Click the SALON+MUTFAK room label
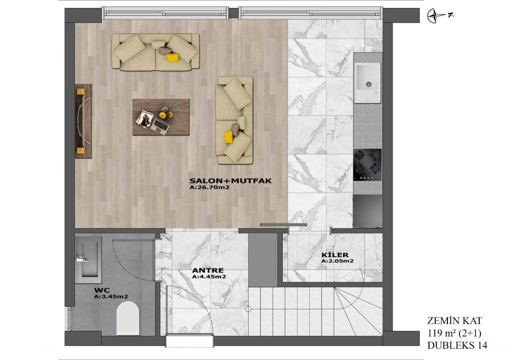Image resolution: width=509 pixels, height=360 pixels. pyautogui.click(x=230, y=181)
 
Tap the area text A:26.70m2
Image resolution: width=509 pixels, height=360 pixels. pyautogui.click(x=209, y=187)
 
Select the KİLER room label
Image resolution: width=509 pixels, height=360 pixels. pyautogui.click(x=335, y=255)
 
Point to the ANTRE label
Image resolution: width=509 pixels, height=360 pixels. pyautogui.click(x=208, y=270)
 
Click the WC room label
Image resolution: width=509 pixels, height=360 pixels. pyautogui.click(x=102, y=290)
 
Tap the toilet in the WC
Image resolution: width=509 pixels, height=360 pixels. pyautogui.click(x=128, y=318)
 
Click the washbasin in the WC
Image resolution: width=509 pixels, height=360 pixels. pyautogui.click(x=88, y=260)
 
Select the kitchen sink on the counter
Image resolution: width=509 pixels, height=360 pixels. pyautogui.click(x=367, y=83)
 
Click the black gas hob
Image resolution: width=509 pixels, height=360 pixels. pyautogui.click(x=367, y=165)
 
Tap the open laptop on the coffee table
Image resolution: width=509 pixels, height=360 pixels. pyautogui.click(x=160, y=127)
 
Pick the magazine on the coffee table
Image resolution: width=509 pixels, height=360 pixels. pyautogui.click(x=144, y=118)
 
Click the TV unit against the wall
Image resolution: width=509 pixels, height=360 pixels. pyautogui.click(x=84, y=121)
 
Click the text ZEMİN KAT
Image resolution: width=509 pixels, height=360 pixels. pyautogui.click(x=454, y=321)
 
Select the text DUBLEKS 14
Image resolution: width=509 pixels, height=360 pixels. pyautogui.click(x=457, y=346)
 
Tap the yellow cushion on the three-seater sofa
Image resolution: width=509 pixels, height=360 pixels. pyautogui.click(x=173, y=58)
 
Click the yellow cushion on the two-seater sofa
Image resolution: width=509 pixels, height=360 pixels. pyautogui.click(x=229, y=138)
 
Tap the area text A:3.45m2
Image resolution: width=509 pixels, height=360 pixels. pyautogui.click(x=111, y=297)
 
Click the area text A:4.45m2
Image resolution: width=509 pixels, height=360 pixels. pyautogui.click(x=209, y=276)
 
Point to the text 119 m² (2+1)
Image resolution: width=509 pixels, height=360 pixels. pyautogui.click(x=454, y=333)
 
